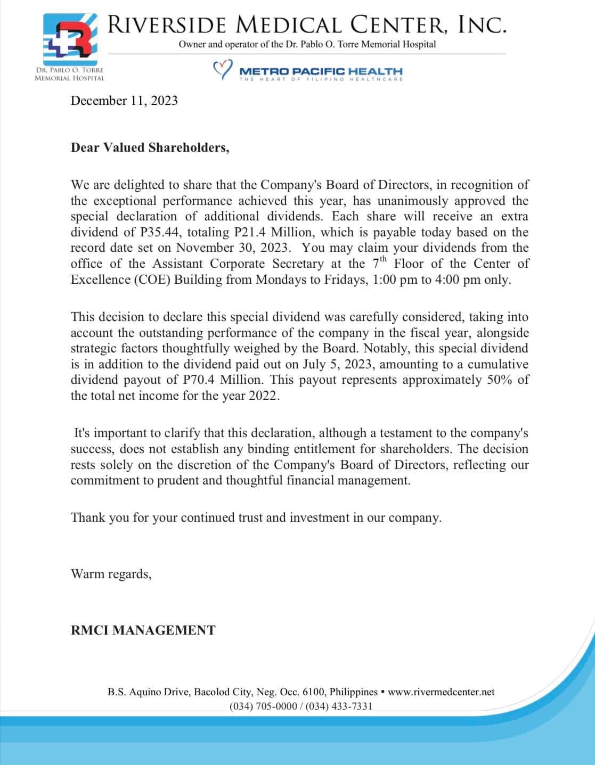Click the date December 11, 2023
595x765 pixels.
124,101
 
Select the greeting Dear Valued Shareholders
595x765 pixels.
150,147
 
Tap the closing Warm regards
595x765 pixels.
111,574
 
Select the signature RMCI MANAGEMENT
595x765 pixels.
143,630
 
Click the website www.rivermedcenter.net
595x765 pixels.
441,692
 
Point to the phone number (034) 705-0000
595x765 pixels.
263,706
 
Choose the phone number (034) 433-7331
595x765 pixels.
339,706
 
